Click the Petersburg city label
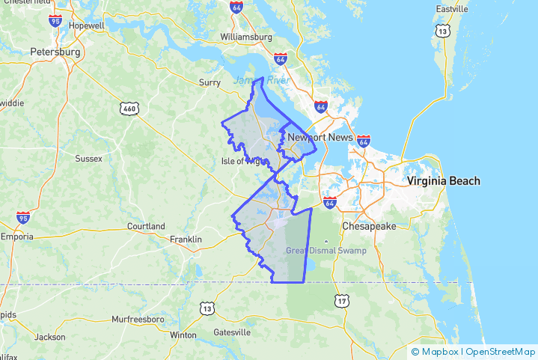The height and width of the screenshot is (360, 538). pyautogui.click(x=55, y=52)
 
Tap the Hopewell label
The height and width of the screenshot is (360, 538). pyautogui.click(x=87, y=25)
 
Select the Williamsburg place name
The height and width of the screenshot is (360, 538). pyautogui.click(x=245, y=36)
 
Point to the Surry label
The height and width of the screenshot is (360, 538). pyautogui.click(x=209, y=82)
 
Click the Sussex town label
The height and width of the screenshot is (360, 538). pyautogui.click(x=88, y=158)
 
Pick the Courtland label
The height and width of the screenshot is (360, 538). pyautogui.click(x=146, y=225)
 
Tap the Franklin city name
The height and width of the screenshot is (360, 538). pyautogui.click(x=186, y=239)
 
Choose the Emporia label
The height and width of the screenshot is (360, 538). pyautogui.click(x=16, y=237)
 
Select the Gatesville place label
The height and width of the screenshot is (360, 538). pyautogui.click(x=232, y=332)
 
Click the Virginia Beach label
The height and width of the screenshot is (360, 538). pyautogui.click(x=444, y=181)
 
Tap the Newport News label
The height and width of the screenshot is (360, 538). pyautogui.click(x=320, y=138)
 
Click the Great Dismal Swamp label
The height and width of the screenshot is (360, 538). pyautogui.click(x=326, y=250)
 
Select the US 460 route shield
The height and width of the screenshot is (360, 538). pyautogui.click(x=129, y=109)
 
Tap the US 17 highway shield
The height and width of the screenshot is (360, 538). pyautogui.click(x=342, y=301)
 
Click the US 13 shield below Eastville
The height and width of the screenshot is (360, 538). pyautogui.click(x=444, y=30)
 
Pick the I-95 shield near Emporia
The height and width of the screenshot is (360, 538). pyautogui.click(x=23, y=218)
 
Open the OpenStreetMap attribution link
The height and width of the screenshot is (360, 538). pyautogui.click(x=501, y=351)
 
